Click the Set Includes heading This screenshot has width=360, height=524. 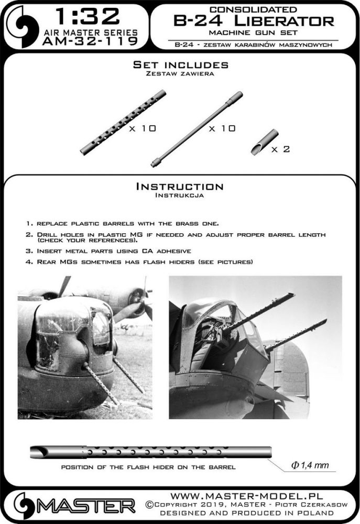coord(180,65)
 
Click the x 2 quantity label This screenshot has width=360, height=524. coord(280,149)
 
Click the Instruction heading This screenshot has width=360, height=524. coord(179,187)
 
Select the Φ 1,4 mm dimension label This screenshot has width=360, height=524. coord(308,466)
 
